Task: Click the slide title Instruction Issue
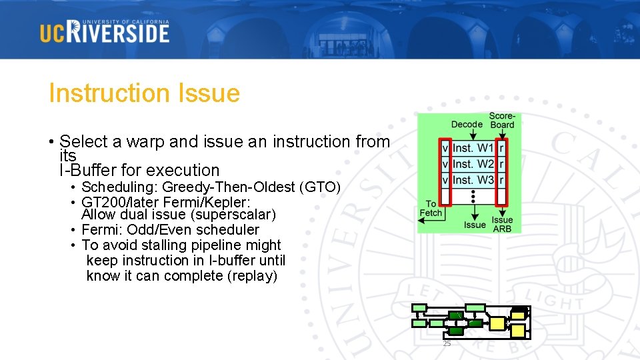[x=144, y=93]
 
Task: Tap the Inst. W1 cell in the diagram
[x=473, y=148]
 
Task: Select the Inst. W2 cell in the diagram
[x=473, y=164]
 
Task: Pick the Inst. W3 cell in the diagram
[x=473, y=180]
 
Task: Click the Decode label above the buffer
[x=467, y=124]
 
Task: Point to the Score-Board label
[x=502, y=120]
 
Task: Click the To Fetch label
[x=431, y=209]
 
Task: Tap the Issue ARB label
[x=502, y=225]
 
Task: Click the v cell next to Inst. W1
[x=445, y=148]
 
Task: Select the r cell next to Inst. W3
[x=501, y=180]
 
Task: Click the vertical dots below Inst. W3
[x=473, y=196]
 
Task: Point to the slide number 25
[x=447, y=343]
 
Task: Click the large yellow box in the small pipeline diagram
[x=497, y=324]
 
